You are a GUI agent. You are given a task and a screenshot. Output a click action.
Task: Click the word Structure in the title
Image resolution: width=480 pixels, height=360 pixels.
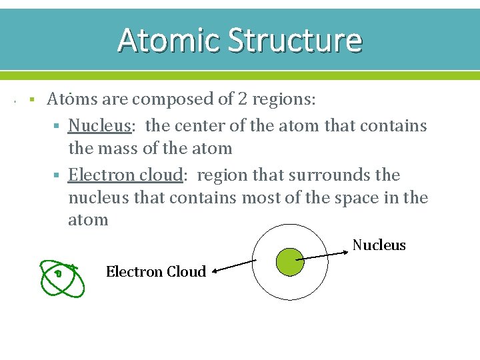(295, 39)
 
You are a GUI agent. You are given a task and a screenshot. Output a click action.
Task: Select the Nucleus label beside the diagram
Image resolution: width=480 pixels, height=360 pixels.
(379, 245)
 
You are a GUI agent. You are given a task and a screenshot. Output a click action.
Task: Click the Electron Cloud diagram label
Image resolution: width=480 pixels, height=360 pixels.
(155, 271)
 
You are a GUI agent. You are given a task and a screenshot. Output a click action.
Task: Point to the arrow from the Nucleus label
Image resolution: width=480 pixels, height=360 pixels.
(324, 255)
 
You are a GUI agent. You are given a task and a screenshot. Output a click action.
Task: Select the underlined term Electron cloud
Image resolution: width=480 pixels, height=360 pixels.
(125, 175)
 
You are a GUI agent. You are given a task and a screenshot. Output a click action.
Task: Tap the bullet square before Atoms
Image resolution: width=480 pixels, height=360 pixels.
(31, 100)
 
